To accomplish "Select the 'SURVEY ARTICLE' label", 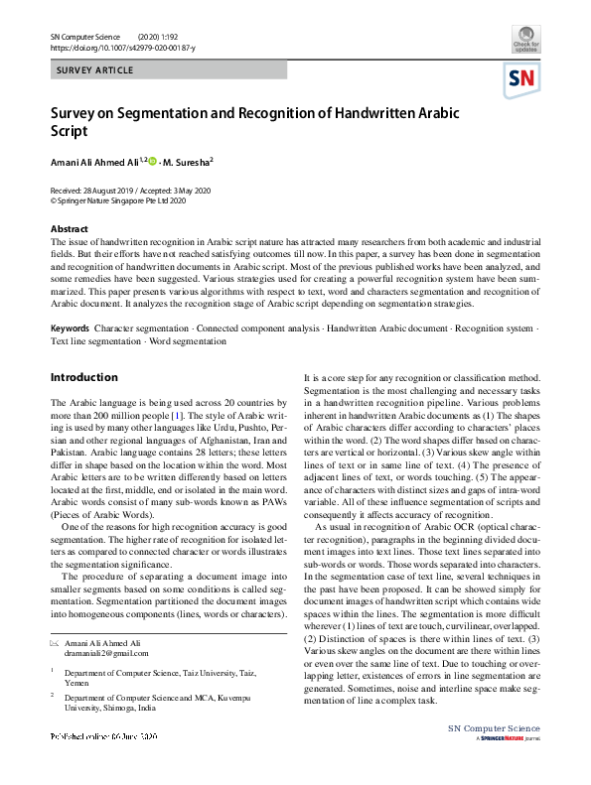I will (95, 70).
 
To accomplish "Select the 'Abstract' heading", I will (69, 229).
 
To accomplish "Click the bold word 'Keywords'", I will (70, 327).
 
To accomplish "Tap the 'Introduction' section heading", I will (83, 378).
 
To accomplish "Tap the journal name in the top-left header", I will (84, 36).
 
